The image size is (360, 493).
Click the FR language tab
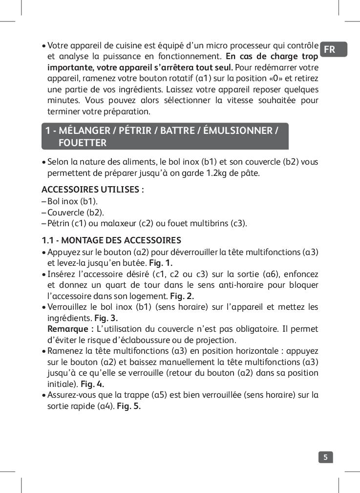click(x=330, y=49)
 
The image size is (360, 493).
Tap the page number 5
click(x=325, y=457)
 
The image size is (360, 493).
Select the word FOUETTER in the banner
click(x=82, y=143)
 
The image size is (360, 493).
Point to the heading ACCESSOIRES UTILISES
click(x=92, y=190)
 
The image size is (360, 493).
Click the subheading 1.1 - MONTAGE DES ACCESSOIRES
click(x=111, y=240)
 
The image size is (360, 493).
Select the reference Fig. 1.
click(x=161, y=262)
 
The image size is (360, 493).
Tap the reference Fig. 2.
click(x=182, y=296)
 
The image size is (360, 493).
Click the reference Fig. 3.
click(x=106, y=318)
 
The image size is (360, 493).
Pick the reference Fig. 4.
click(x=92, y=384)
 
